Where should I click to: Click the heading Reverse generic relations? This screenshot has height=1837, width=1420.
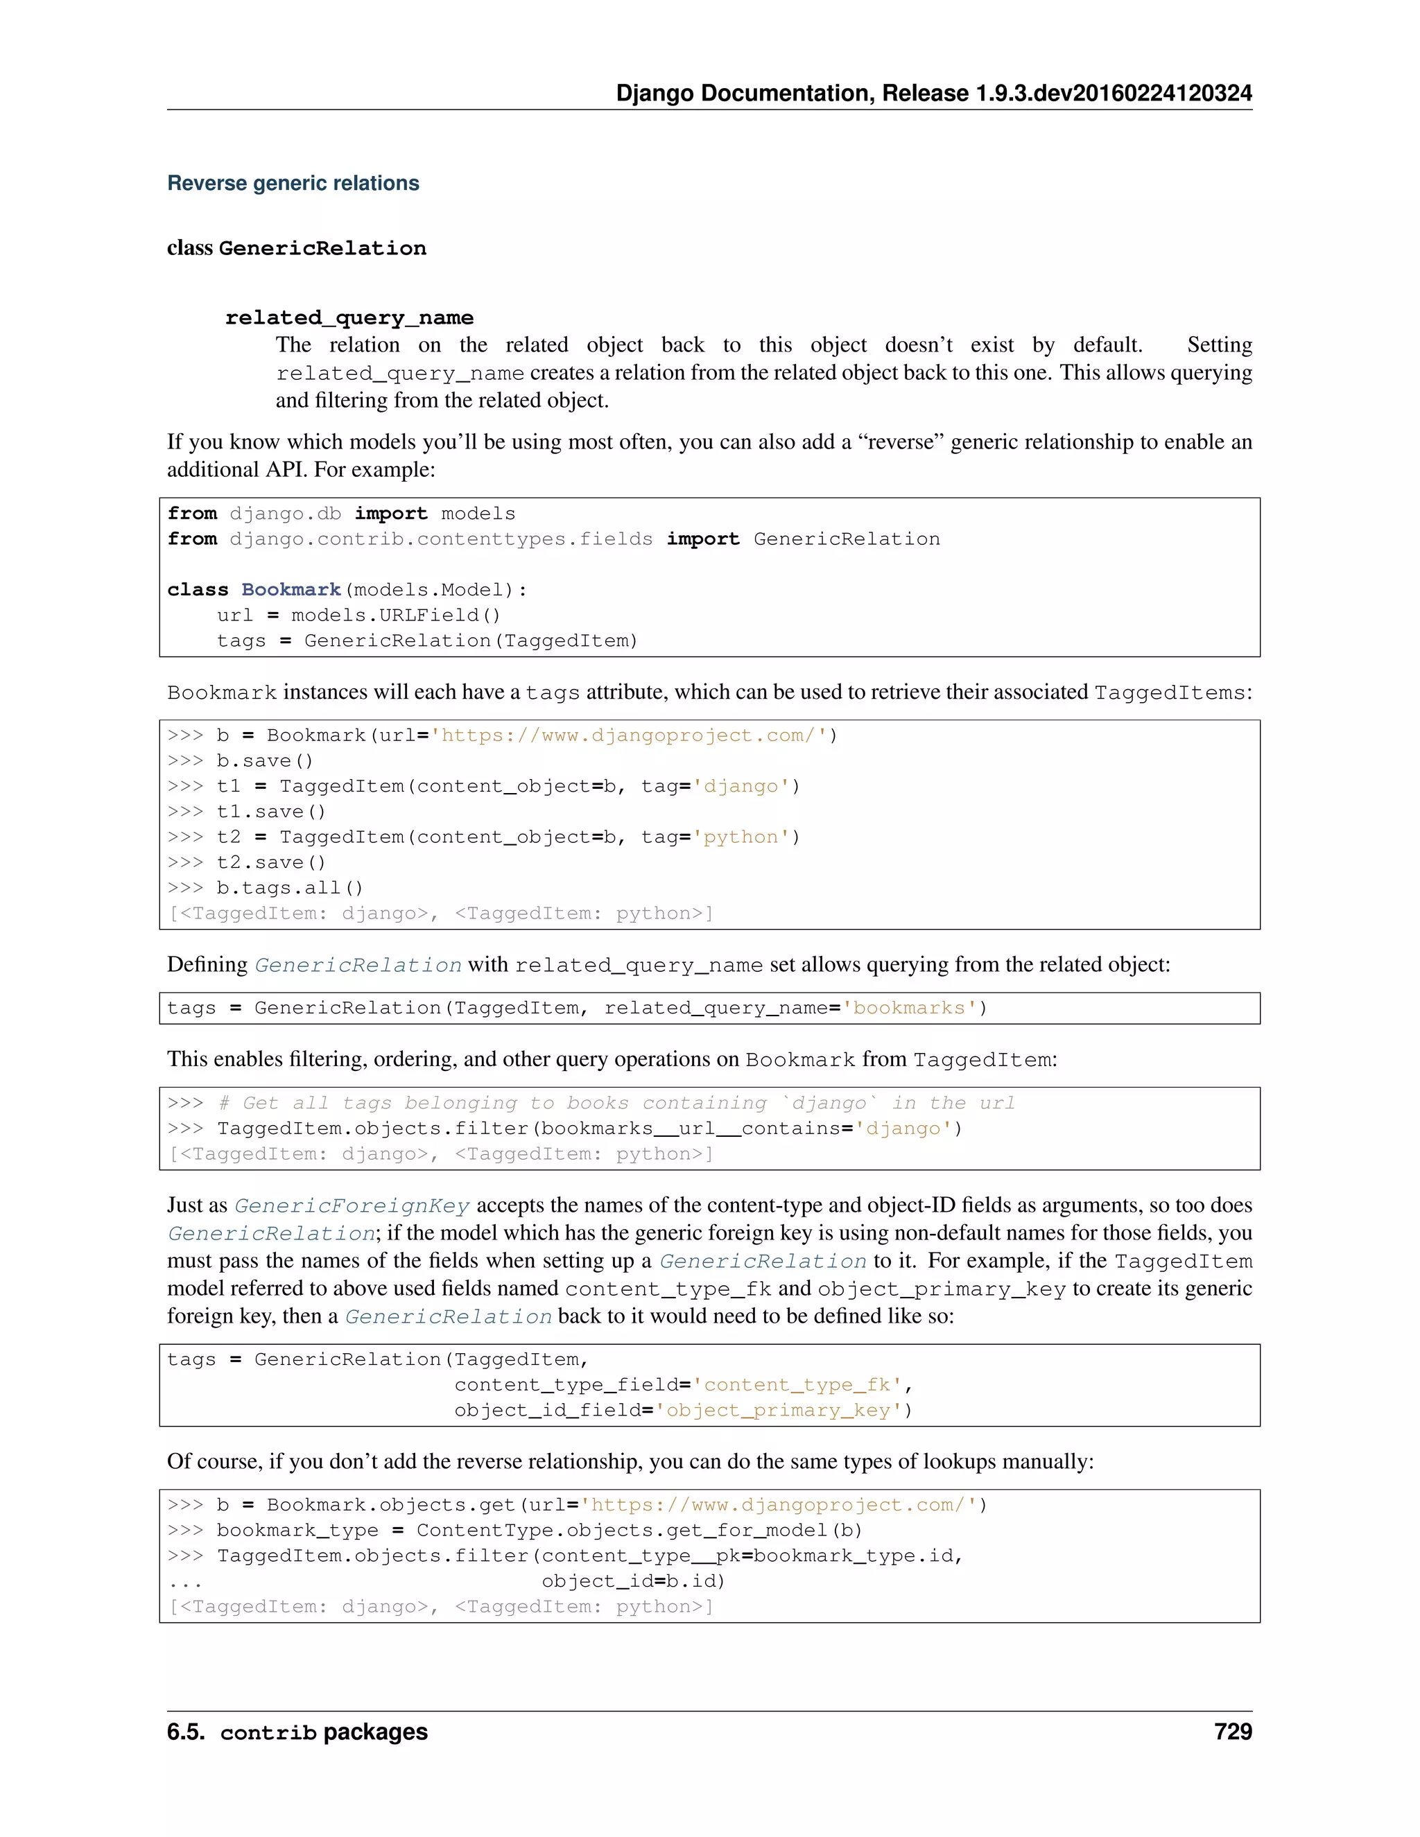pos(293,184)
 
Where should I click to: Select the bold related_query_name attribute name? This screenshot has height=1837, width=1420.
pos(349,318)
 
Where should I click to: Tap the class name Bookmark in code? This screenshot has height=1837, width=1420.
pos(291,590)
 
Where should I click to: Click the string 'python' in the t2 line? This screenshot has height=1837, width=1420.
pos(741,837)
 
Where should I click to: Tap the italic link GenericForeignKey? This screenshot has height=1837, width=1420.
pos(352,1205)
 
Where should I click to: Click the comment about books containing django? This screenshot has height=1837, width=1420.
pos(616,1103)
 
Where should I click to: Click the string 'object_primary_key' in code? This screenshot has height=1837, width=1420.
pos(778,1410)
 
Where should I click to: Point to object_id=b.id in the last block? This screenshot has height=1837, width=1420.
pos(632,1581)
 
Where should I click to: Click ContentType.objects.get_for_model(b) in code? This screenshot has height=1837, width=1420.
pos(639,1530)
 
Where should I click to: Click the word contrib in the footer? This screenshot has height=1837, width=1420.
pos(268,1733)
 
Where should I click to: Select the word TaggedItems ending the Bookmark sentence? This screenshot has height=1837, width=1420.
pos(1169,693)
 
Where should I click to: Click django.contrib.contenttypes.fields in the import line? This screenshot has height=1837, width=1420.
pos(441,539)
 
